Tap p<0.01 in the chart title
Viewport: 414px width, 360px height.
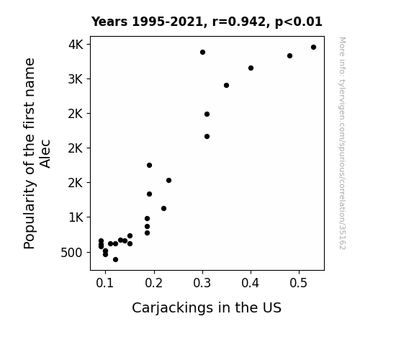click(299, 22)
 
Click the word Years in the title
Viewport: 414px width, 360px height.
click(109, 22)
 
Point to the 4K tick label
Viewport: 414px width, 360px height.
click(76, 45)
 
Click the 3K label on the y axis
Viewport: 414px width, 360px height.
click(76, 79)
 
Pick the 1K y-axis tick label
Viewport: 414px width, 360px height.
click(76, 217)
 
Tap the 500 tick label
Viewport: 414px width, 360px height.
click(71, 253)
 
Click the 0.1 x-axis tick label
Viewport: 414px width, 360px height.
click(105, 283)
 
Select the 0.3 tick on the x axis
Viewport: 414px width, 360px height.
click(202, 283)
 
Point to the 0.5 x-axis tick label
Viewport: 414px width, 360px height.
click(299, 283)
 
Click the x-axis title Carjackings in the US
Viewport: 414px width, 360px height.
click(207, 308)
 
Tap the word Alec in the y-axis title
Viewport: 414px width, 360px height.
click(45, 153)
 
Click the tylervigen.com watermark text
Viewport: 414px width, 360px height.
click(342, 143)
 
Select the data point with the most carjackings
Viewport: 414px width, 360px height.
click(313, 48)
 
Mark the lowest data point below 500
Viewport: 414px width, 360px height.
click(115, 260)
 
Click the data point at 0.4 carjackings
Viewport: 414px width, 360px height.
click(251, 68)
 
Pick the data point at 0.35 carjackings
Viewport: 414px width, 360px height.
click(226, 85)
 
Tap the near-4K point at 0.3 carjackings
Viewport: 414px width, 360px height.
click(202, 53)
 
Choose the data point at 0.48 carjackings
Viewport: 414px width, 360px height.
click(289, 56)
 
